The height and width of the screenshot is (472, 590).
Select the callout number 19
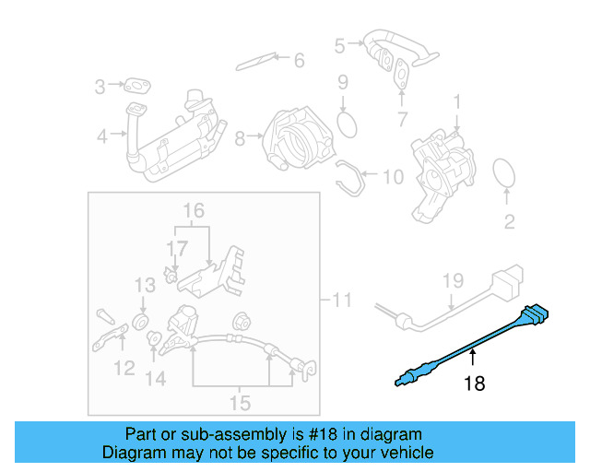(x=451, y=280)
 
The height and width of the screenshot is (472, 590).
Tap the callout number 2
(x=508, y=221)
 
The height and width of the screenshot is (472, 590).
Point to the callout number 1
(x=456, y=100)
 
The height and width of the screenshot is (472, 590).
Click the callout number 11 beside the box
(x=342, y=300)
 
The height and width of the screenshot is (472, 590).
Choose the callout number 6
(x=298, y=61)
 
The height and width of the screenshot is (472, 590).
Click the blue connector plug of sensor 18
(x=536, y=315)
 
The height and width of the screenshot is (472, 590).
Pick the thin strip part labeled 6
(x=255, y=63)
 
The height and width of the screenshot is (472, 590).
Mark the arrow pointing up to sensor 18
(x=473, y=358)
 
